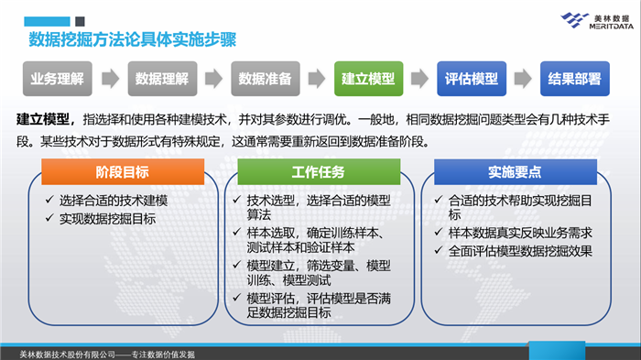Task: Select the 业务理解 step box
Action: click(x=57, y=78)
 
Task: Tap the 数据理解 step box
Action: click(x=161, y=78)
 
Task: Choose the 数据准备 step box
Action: click(x=265, y=78)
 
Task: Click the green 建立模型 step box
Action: click(x=367, y=78)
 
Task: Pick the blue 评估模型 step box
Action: click(x=472, y=78)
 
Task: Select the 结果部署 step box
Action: click(x=574, y=78)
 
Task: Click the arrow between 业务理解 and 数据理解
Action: click(x=109, y=79)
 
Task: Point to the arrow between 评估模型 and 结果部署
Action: click(x=523, y=79)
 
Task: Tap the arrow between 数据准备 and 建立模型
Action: click(x=316, y=79)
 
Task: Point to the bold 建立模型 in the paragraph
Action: click(x=44, y=120)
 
